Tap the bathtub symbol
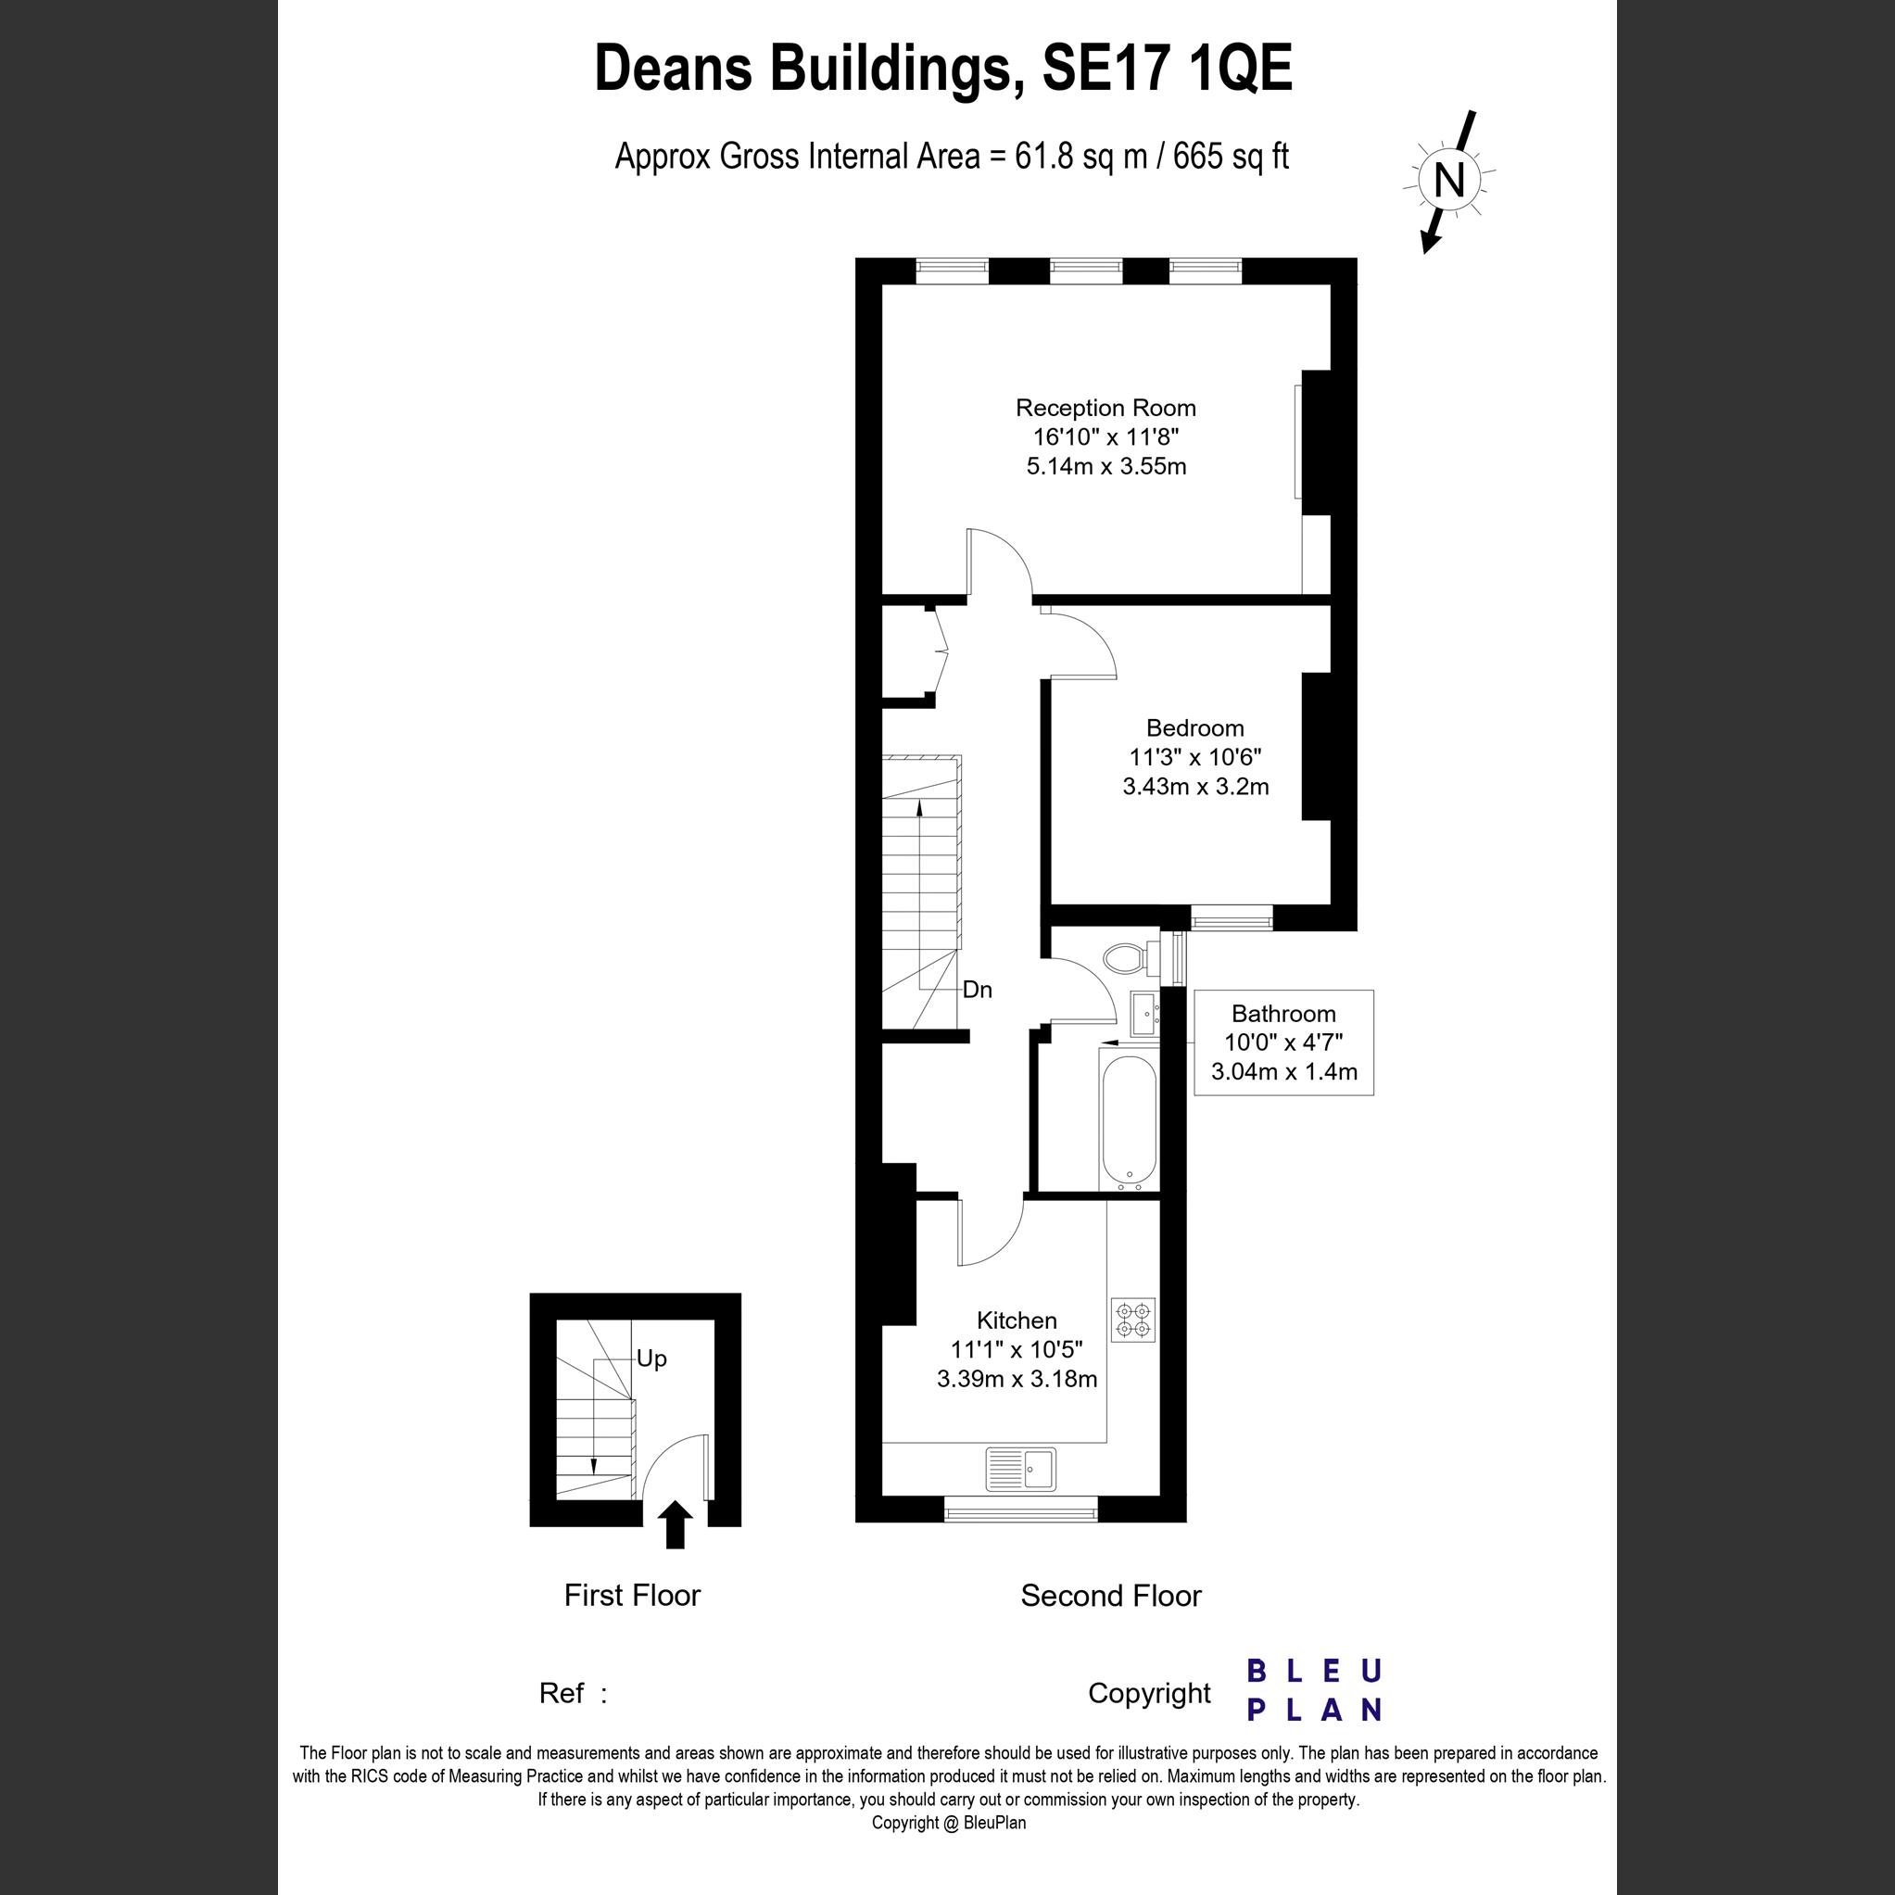(1129, 1122)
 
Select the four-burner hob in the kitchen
(1133, 1320)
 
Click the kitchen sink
(1021, 1470)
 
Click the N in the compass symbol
(1448, 180)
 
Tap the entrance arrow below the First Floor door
(675, 1524)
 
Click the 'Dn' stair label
(977, 990)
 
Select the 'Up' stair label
(651, 1358)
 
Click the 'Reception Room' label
(1105, 407)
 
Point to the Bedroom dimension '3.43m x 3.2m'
(1194, 786)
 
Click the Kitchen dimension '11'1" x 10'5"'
(1017, 1349)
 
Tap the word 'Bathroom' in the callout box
(1283, 1013)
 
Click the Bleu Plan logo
(1313, 1690)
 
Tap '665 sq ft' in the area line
(1230, 157)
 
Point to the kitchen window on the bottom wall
(1020, 1514)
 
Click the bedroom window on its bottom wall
(1231, 918)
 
